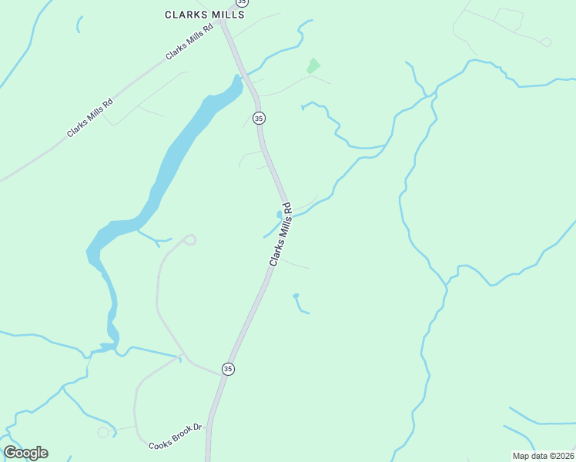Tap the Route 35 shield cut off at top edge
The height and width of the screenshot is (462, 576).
coord(243,2)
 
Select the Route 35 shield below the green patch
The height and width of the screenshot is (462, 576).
coord(259,118)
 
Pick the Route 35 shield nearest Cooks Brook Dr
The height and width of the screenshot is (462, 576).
coord(228,369)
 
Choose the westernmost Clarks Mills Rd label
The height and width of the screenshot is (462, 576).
coord(90,118)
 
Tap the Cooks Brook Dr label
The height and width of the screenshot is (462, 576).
coord(175,447)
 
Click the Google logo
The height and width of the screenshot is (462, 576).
coord(25,453)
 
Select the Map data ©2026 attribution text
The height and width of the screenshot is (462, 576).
coord(543,456)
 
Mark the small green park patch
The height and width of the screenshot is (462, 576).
coord(313,66)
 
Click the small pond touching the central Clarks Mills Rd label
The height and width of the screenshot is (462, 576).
coord(279,215)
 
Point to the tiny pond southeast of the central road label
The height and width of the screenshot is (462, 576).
coord(296,296)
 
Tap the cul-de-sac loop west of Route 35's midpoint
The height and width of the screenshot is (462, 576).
coord(190,239)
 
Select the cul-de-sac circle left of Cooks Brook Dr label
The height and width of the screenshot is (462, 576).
coord(103,433)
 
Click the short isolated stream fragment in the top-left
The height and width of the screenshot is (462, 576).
coord(79,24)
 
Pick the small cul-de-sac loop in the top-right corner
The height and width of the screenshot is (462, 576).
coord(546,42)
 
